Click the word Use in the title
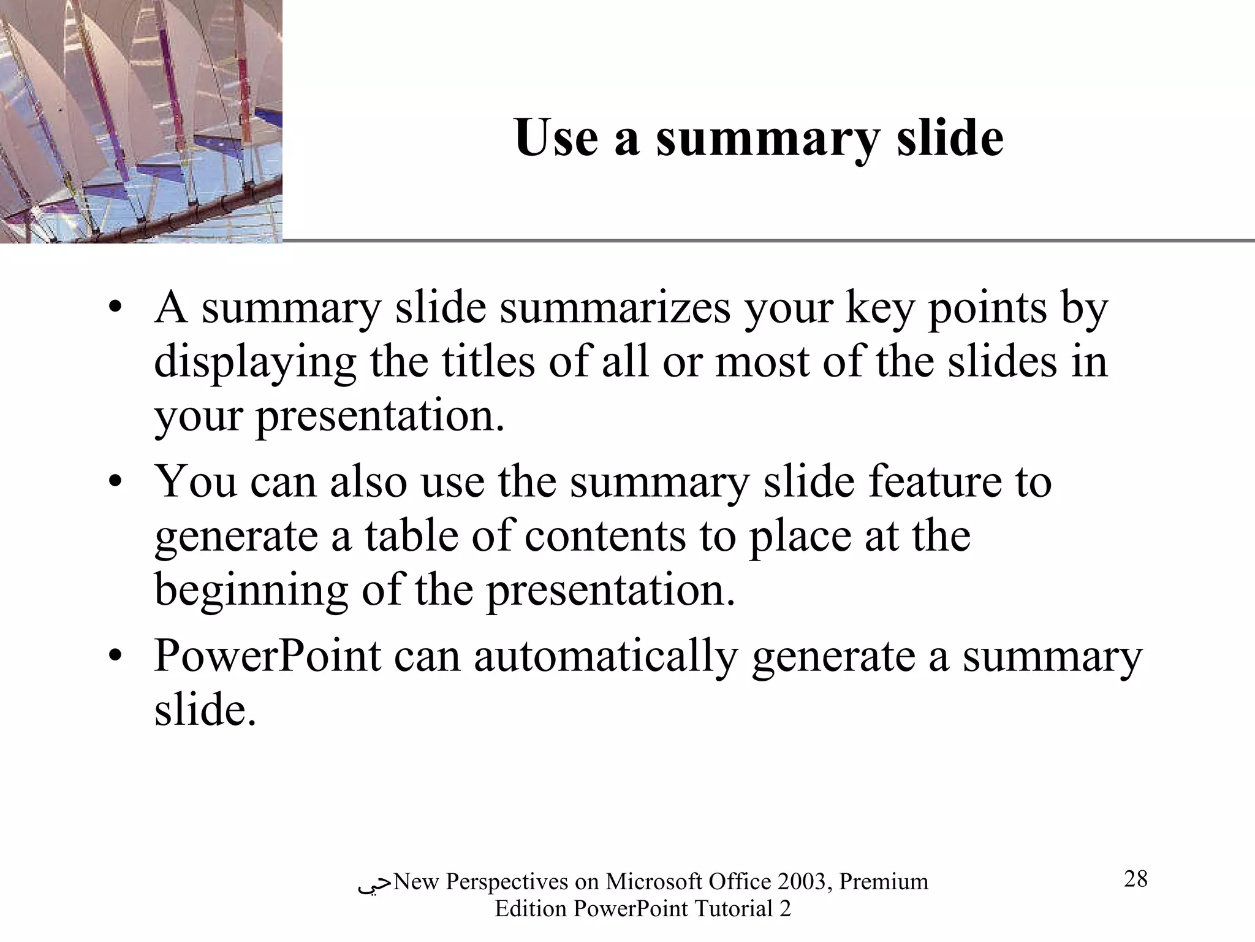(x=556, y=138)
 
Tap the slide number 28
(x=1136, y=879)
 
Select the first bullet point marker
(x=114, y=308)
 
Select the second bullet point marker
(x=114, y=483)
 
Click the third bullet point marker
(x=114, y=657)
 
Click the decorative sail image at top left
(x=141, y=121)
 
